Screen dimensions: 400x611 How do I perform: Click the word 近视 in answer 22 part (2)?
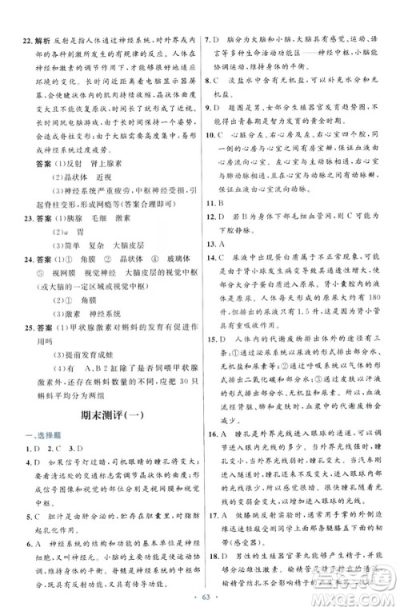click(x=104, y=178)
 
